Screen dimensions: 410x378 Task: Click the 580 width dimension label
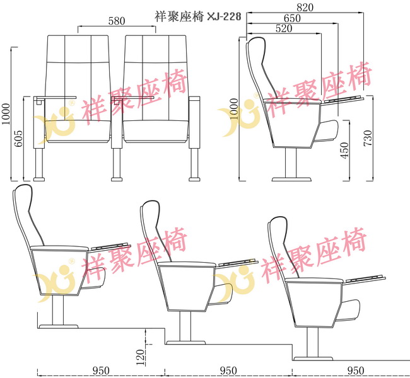tap(117, 21)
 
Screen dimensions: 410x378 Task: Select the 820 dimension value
tap(305, 8)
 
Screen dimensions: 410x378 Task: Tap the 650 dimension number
tap(292, 18)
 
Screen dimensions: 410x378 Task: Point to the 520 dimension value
tap(284, 28)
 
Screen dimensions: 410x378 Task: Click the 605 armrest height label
tap(18, 139)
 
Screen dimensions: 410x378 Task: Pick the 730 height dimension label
tap(368, 138)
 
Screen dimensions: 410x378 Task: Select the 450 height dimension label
tap(344, 151)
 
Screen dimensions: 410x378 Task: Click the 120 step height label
tap(141, 357)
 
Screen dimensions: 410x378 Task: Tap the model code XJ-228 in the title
tap(224, 17)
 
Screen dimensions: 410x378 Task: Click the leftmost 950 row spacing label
tap(101, 370)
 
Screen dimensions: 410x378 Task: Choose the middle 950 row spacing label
tap(228, 370)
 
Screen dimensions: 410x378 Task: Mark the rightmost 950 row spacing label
tap(356, 370)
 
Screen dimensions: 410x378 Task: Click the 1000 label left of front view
tap(6, 114)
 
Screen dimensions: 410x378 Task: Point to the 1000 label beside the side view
tap(234, 109)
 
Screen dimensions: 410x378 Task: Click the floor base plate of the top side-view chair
tap(291, 180)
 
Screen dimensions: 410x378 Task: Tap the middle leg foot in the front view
tap(117, 179)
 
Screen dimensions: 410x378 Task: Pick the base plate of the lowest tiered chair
tap(313, 358)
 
